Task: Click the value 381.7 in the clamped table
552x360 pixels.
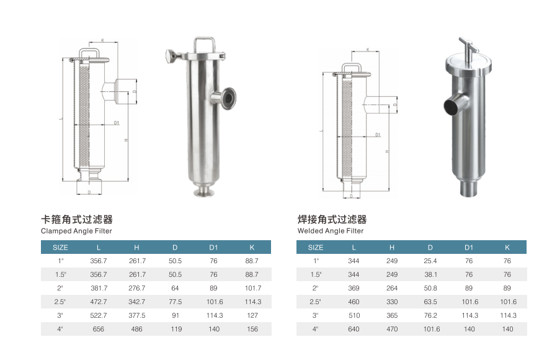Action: point(98,288)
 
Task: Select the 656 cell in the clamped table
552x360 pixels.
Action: point(98,329)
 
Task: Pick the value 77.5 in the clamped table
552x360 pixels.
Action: point(176,302)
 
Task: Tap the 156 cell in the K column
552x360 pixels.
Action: point(252,329)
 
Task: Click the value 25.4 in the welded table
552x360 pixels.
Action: point(430,261)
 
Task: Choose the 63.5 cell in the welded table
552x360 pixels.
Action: point(430,302)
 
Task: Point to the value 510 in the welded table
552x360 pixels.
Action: point(354,315)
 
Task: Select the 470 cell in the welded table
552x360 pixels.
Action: point(392,329)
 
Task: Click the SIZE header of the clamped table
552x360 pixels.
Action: point(60,247)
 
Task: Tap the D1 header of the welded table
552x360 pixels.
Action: point(469,247)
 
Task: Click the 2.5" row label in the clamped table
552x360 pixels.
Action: point(60,302)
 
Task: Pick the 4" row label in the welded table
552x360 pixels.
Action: point(315,329)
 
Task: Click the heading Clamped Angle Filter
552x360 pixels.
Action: point(76,231)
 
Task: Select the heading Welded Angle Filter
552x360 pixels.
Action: point(331,231)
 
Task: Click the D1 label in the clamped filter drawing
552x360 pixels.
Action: point(116,123)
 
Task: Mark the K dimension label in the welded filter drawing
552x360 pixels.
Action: point(368,50)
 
